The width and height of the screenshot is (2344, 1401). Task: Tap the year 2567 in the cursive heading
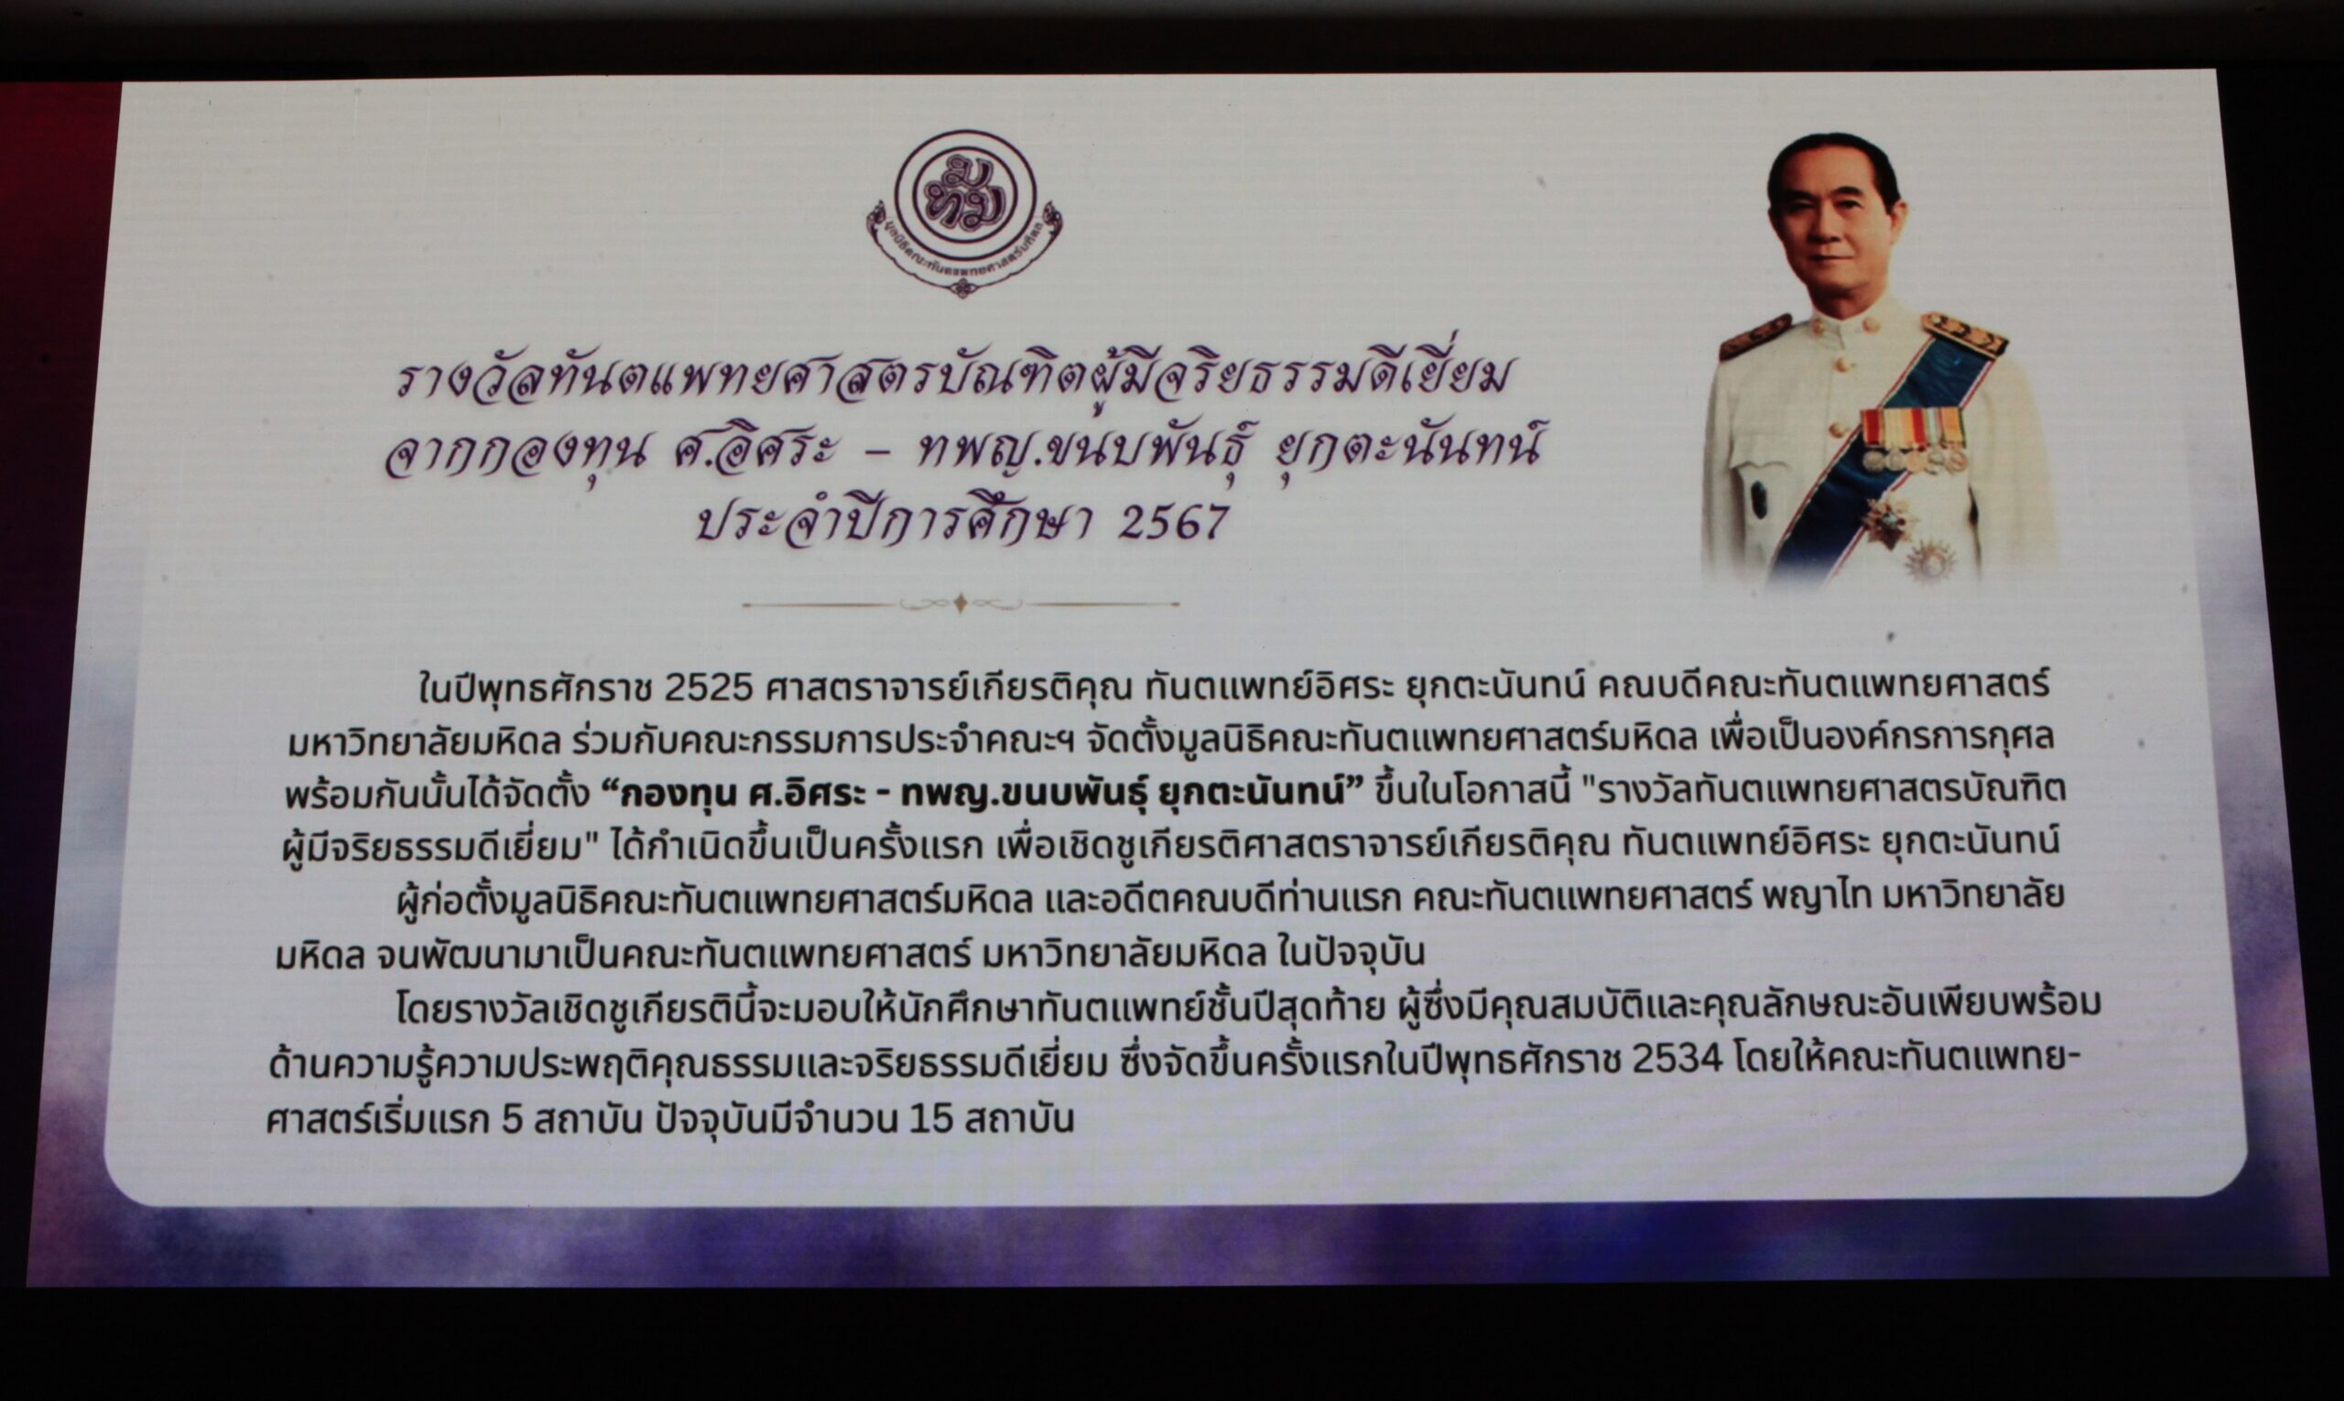click(x=1174, y=522)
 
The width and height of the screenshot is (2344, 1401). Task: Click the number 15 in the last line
click(x=932, y=1119)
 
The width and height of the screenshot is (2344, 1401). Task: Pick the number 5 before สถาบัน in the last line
click(x=512, y=1120)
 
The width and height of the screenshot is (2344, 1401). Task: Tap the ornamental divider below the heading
click(x=961, y=603)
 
